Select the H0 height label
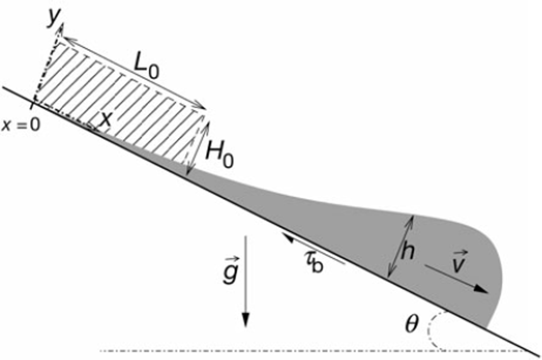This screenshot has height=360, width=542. pyautogui.click(x=220, y=154)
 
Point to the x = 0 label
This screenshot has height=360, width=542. pyautogui.click(x=21, y=125)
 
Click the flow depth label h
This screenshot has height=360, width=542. pyautogui.click(x=408, y=252)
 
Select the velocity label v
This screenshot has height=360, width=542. pyautogui.click(x=459, y=262)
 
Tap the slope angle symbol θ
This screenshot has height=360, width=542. pyautogui.click(x=412, y=324)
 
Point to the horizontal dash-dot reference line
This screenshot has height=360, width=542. pyautogui.click(x=271, y=351)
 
